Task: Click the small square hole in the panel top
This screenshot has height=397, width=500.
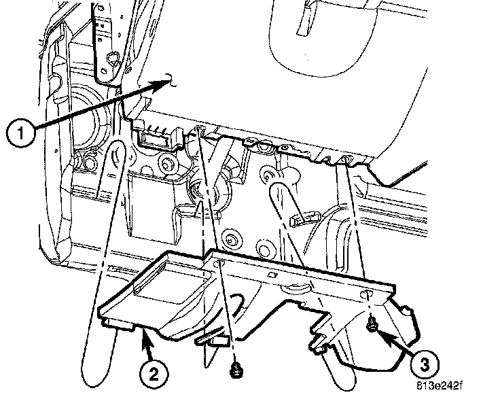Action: pyautogui.click(x=270, y=275)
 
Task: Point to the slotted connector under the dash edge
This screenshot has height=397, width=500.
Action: pyautogui.click(x=159, y=135)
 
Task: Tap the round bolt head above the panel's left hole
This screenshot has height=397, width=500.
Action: pyautogui.click(x=232, y=239)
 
